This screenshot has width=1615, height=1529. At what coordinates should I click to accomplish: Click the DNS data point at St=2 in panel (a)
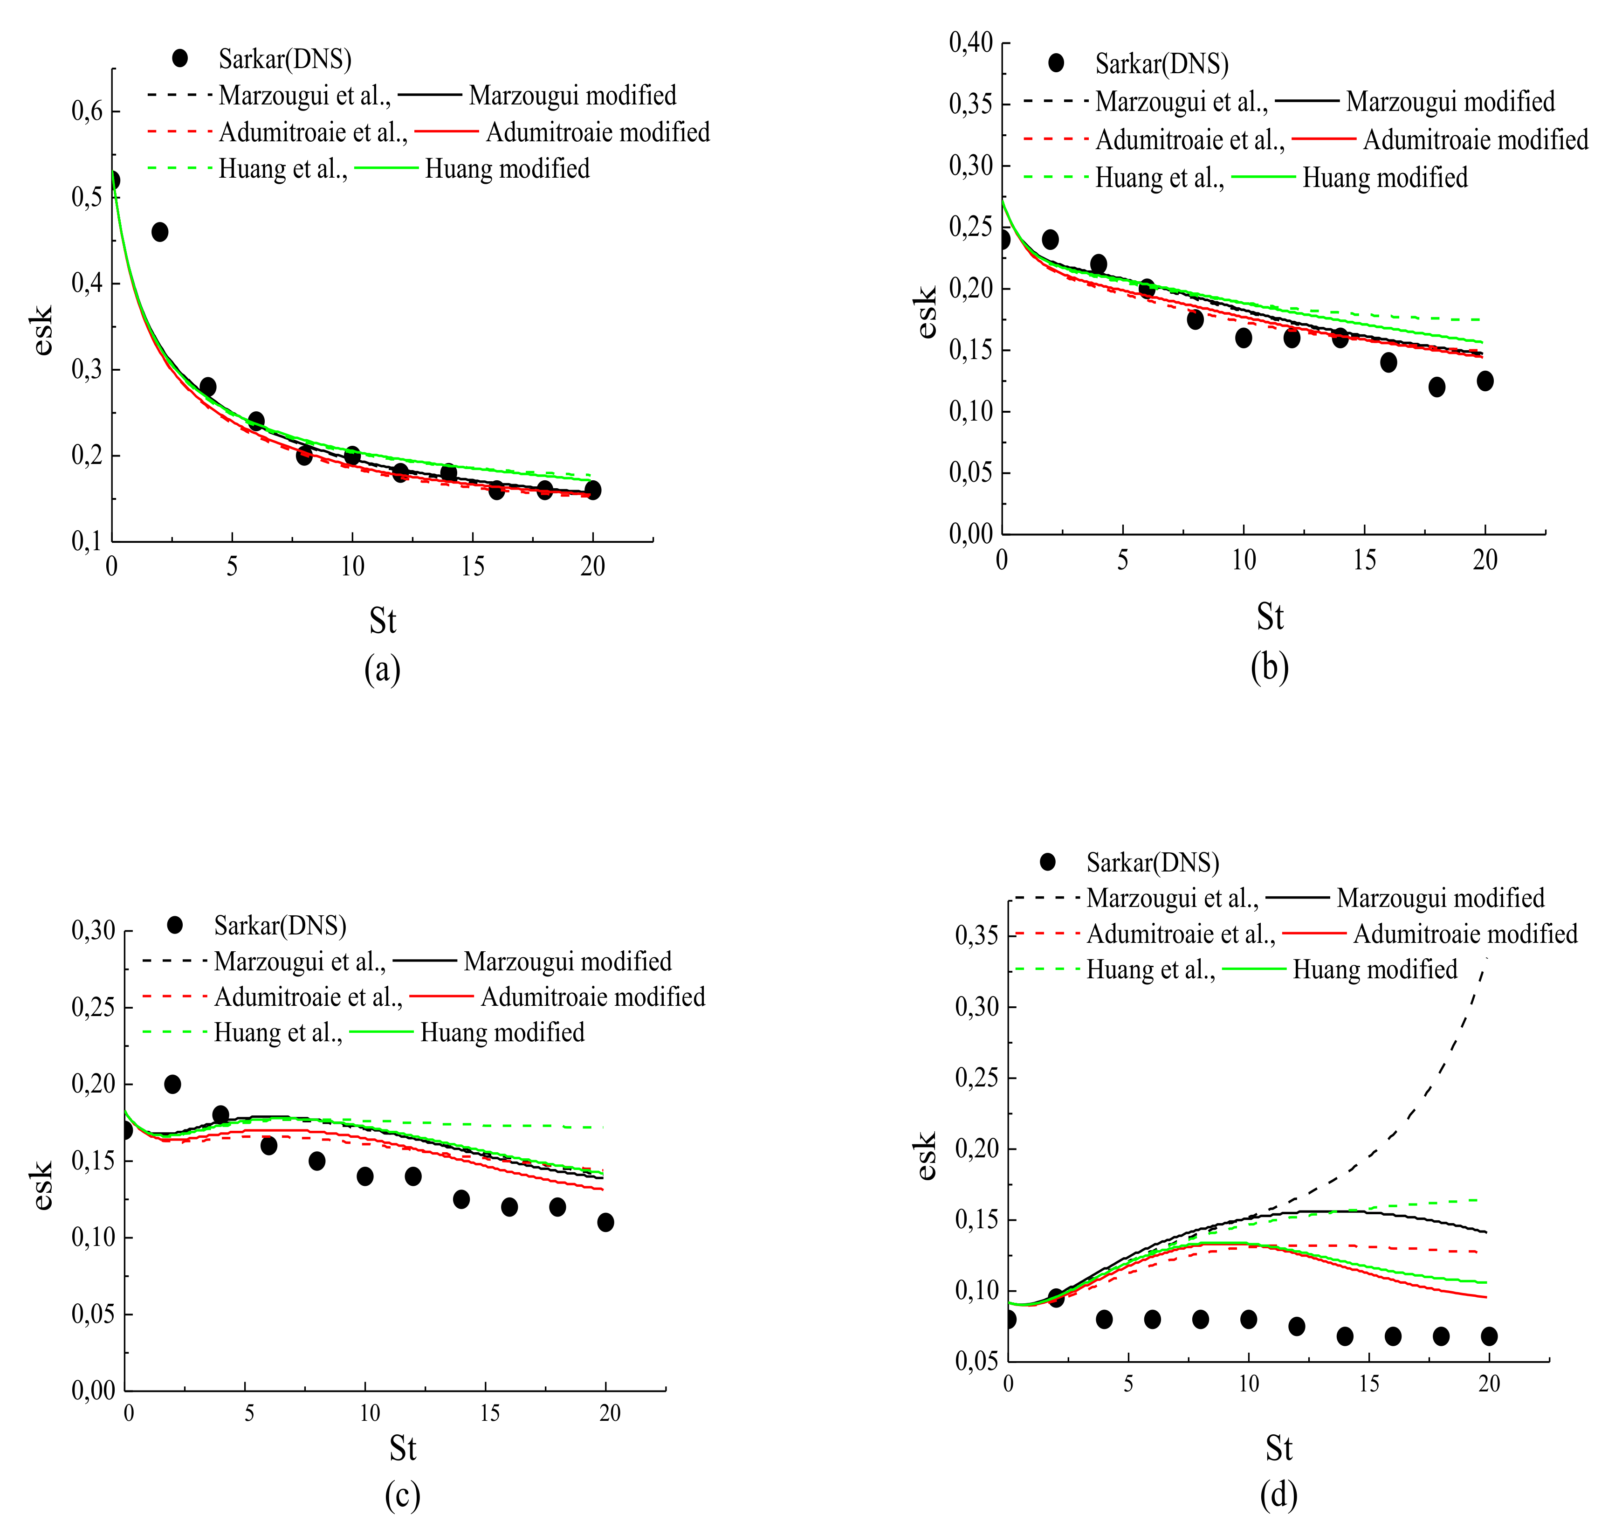[160, 232]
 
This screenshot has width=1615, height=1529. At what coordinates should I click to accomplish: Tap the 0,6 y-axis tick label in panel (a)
[87, 111]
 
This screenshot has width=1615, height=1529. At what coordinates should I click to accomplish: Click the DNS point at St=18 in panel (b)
[1436, 387]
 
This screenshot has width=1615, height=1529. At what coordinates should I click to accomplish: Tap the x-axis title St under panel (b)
[1270, 617]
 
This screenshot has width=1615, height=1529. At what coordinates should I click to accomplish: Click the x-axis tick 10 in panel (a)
[352, 567]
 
